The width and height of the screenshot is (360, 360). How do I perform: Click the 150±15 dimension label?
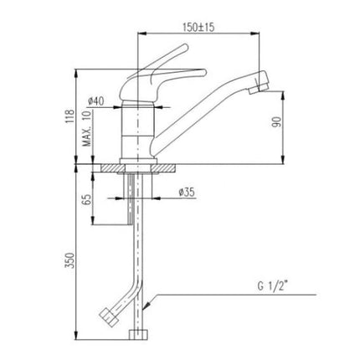coord(198,27)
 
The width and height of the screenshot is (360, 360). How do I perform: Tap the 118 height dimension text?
coord(69,116)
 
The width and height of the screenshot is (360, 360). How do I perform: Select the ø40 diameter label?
coord(95,100)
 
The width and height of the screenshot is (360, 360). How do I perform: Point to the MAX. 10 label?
coord(87,129)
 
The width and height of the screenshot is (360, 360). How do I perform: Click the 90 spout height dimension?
coord(276,122)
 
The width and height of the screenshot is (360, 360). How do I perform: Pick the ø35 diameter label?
coord(187,193)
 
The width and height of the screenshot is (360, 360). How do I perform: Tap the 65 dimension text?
coord(87,199)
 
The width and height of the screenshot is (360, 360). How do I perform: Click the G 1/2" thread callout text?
coord(273,287)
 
